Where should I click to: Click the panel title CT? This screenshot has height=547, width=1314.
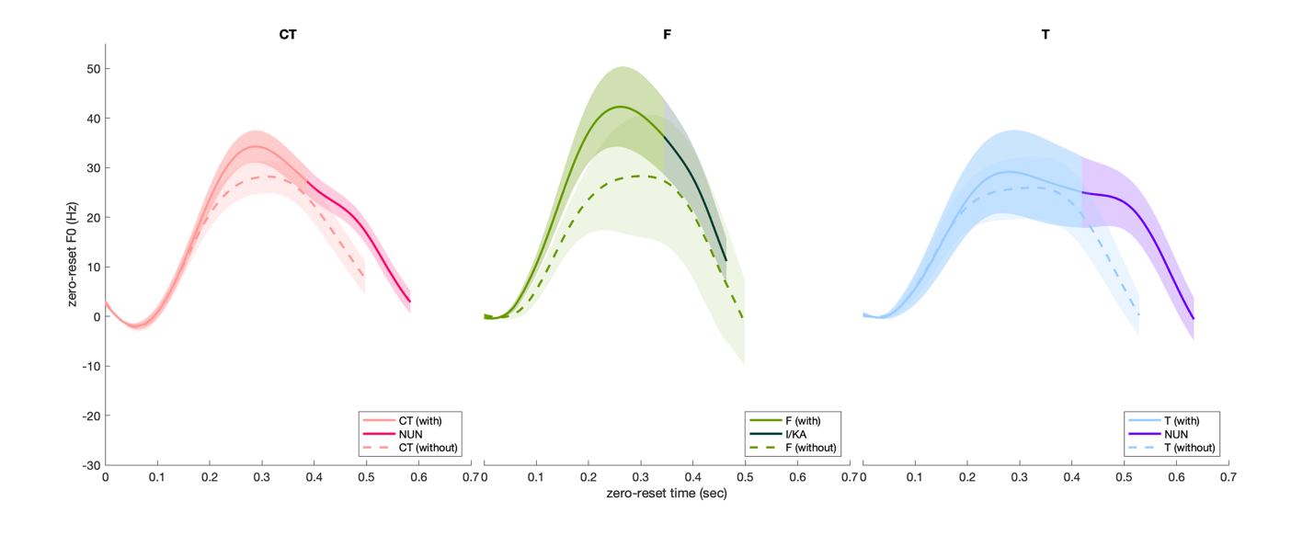coord(288,35)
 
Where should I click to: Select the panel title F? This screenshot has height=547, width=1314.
coord(667,35)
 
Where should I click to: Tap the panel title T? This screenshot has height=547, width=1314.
coord(1045,35)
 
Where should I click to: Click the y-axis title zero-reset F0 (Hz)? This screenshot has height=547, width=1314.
coord(72,255)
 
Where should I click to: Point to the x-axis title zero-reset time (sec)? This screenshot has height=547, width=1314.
coord(667,494)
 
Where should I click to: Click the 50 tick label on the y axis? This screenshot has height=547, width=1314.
coord(93,69)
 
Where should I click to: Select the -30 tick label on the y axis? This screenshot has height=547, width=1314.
coord(91,465)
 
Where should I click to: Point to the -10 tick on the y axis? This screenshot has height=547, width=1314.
coord(91,366)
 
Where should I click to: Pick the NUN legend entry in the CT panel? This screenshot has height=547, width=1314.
coord(410,434)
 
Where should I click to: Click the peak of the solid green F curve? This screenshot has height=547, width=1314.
coord(621,107)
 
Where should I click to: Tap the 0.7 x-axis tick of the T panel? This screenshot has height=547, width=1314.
coord(1228,478)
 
